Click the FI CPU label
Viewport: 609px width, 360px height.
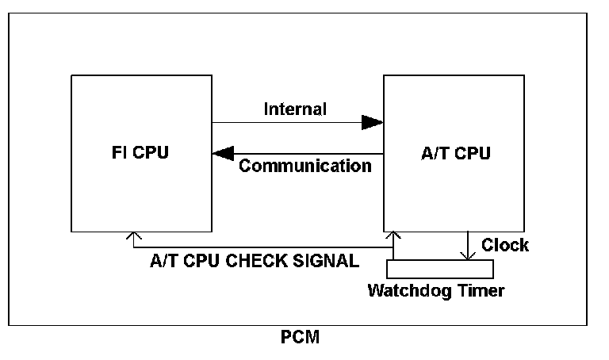[140, 152]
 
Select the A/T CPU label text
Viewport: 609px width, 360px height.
[456, 153]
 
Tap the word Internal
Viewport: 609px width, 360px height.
[295, 109]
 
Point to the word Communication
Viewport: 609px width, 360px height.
[305, 166]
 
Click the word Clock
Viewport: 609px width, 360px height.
[505, 245]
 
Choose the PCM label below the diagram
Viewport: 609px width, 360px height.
[300, 337]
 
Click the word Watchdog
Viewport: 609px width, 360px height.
[409, 290]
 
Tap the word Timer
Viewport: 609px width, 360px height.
[481, 290]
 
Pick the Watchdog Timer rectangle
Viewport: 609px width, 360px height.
[440, 269]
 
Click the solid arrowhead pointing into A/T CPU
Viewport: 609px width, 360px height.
[372, 122]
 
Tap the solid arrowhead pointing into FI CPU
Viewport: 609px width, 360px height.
[224, 153]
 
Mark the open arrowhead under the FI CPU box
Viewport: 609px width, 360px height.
[133, 236]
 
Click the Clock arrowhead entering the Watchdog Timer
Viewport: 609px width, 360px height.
[468, 256]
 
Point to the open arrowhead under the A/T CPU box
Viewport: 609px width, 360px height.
[393, 235]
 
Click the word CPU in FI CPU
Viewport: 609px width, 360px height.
[151, 152]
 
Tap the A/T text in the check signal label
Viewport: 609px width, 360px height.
[164, 261]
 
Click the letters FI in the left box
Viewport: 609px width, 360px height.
[119, 152]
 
